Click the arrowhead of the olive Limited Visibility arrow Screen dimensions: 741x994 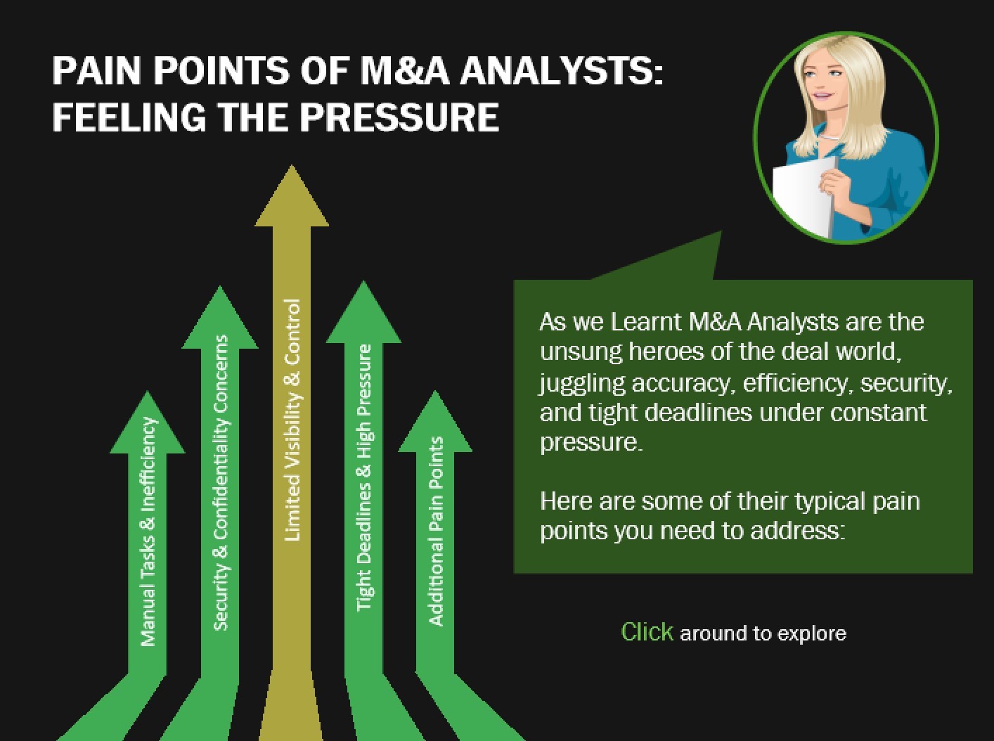tap(292, 200)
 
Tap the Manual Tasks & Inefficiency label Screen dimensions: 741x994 tap(148, 531)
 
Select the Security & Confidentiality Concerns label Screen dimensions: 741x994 tap(221, 482)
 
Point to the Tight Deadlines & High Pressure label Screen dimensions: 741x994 tap(364, 478)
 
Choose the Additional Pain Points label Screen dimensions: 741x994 tap(436, 531)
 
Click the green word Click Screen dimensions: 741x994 tap(647, 631)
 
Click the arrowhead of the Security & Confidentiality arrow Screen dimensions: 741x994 tap(220, 321)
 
